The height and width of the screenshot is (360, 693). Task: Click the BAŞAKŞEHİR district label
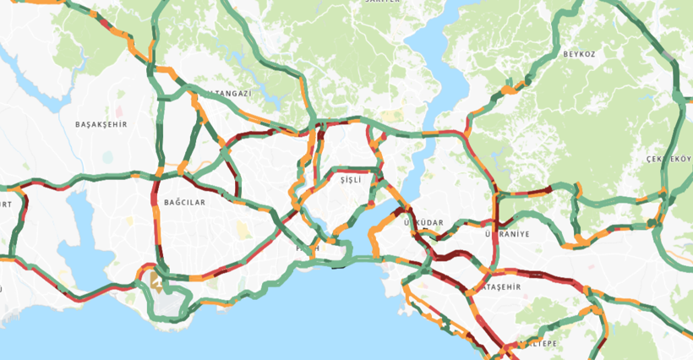coord(101,124)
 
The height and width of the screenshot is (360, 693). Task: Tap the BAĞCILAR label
coord(184,202)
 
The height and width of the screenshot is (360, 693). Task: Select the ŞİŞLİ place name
coord(350,181)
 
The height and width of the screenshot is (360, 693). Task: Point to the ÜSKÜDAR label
coord(423,222)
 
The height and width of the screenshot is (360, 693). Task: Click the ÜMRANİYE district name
coord(508,234)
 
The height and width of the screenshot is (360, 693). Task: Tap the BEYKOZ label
coord(580,54)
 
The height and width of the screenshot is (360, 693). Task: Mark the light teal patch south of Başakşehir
coord(108,156)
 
